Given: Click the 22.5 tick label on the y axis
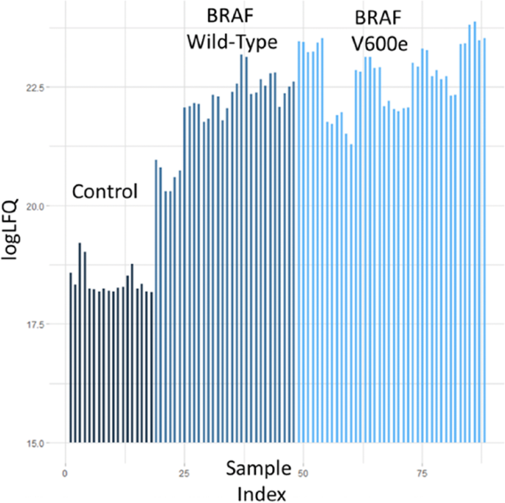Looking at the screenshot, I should [35, 88].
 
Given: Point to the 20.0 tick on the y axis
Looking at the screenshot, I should [35, 206].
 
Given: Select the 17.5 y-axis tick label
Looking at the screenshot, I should [35, 325].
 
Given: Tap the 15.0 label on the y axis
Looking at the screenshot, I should [35, 443].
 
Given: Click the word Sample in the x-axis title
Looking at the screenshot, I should [257, 468].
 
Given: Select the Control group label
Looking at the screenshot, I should [105, 192].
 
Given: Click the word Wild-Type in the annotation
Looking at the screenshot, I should [231, 42].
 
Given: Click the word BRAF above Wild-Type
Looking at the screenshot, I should [230, 16].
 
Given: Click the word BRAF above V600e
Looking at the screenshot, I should [379, 16].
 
